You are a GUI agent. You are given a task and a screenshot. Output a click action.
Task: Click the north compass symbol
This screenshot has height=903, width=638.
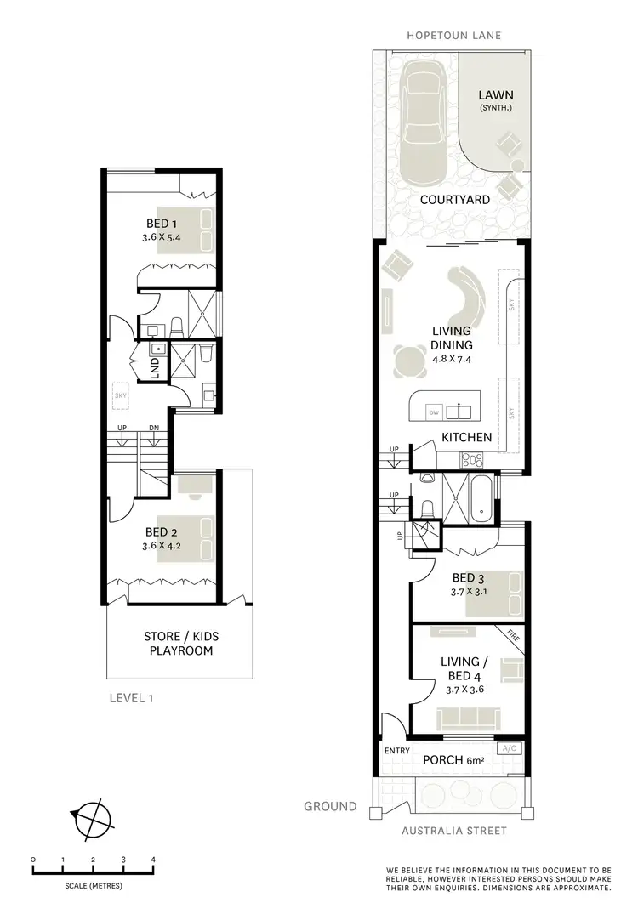coord(93,818)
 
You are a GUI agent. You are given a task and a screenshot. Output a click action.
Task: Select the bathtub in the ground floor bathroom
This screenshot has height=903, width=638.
coord(481,499)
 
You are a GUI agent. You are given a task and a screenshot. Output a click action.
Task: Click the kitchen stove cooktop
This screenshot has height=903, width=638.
coord(471,460)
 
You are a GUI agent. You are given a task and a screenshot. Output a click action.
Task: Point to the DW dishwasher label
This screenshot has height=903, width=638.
coord(434,413)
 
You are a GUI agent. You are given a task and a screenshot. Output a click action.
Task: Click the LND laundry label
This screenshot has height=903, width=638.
coord(155,366)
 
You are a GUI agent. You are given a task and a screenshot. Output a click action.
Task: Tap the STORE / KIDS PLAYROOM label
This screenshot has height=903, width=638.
coord(178,644)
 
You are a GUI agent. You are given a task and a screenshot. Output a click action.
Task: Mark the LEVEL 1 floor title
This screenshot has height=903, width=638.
coord(133,699)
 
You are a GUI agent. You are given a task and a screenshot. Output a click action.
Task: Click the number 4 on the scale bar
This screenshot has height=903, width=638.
coord(153,860)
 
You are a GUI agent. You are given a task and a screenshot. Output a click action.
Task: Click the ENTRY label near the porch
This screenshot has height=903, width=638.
coord(396,750)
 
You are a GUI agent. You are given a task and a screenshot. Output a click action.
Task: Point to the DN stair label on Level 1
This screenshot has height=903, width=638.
coord(154,428)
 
